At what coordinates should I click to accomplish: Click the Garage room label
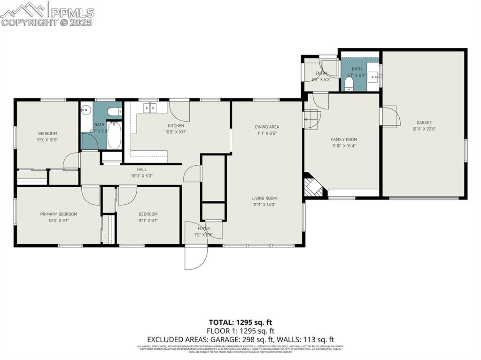(x=424, y=123)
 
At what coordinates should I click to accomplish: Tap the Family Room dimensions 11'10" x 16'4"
(x=344, y=146)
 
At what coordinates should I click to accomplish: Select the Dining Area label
(x=267, y=127)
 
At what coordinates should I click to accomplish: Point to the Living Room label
(x=264, y=198)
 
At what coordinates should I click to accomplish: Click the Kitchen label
(x=176, y=125)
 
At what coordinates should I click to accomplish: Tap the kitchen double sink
(x=150, y=108)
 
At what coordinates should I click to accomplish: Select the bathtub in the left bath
(x=114, y=135)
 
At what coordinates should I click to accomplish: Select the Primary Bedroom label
(x=58, y=214)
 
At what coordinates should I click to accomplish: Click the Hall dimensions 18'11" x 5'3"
(x=142, y=176)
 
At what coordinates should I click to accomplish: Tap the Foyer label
(x=204, y=229)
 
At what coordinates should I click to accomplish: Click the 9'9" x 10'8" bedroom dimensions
(x=47, y=139)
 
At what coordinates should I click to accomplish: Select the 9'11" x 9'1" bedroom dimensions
(x=148, y=220)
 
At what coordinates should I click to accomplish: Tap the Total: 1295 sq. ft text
(x=240, y=322)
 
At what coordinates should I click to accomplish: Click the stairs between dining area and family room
(x=311, y=119)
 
